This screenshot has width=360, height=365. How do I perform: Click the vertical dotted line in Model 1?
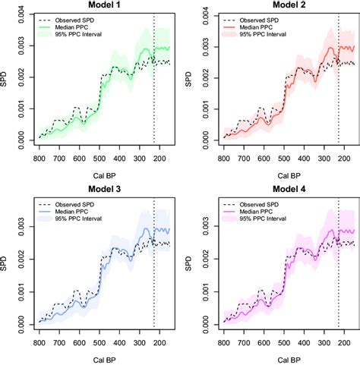(x=154, y=76)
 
